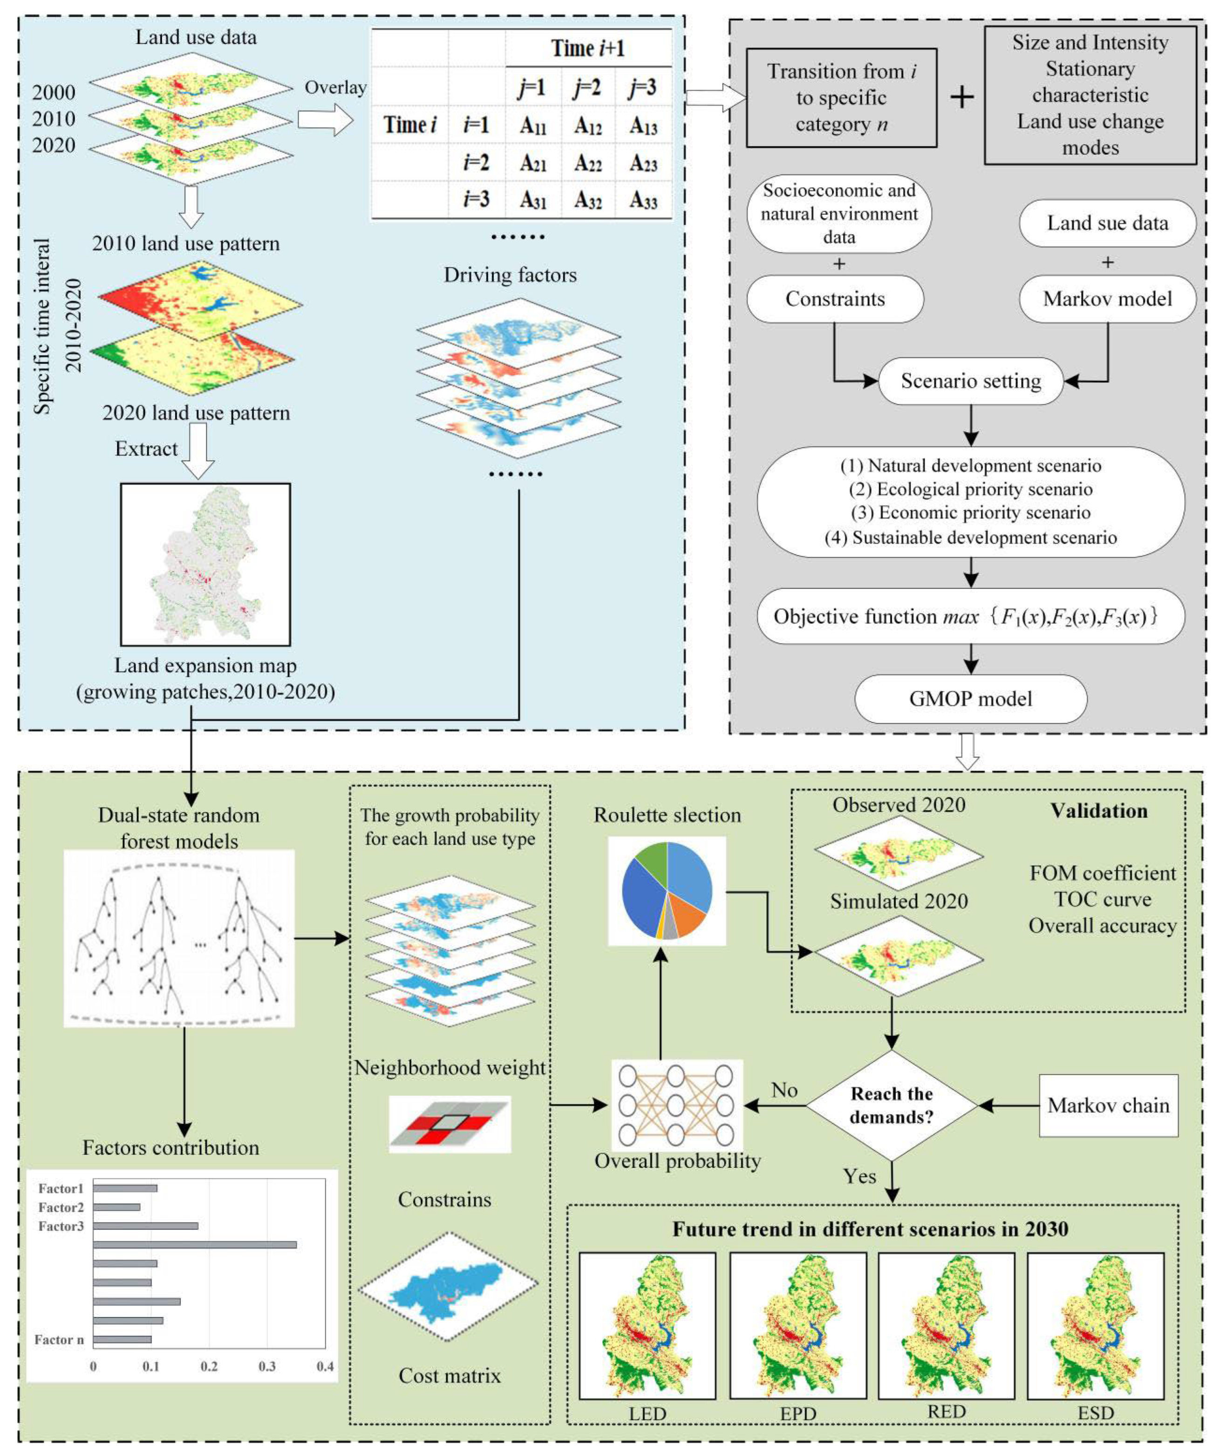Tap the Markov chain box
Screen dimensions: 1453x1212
[1108, 1105]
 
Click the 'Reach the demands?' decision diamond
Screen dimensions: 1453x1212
[892, 1105]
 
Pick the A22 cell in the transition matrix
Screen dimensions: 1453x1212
[587, 164]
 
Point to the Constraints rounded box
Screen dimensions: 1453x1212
[835, 299]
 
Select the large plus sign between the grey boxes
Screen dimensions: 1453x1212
[961, 97]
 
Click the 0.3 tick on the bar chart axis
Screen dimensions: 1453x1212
[267, 1366]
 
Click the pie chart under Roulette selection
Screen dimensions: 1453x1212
[666, 891]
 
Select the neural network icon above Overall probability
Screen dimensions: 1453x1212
[676, 1105]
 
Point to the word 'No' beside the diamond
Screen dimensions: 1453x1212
[784, 1091]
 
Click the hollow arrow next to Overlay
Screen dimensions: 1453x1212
[325, 120]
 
